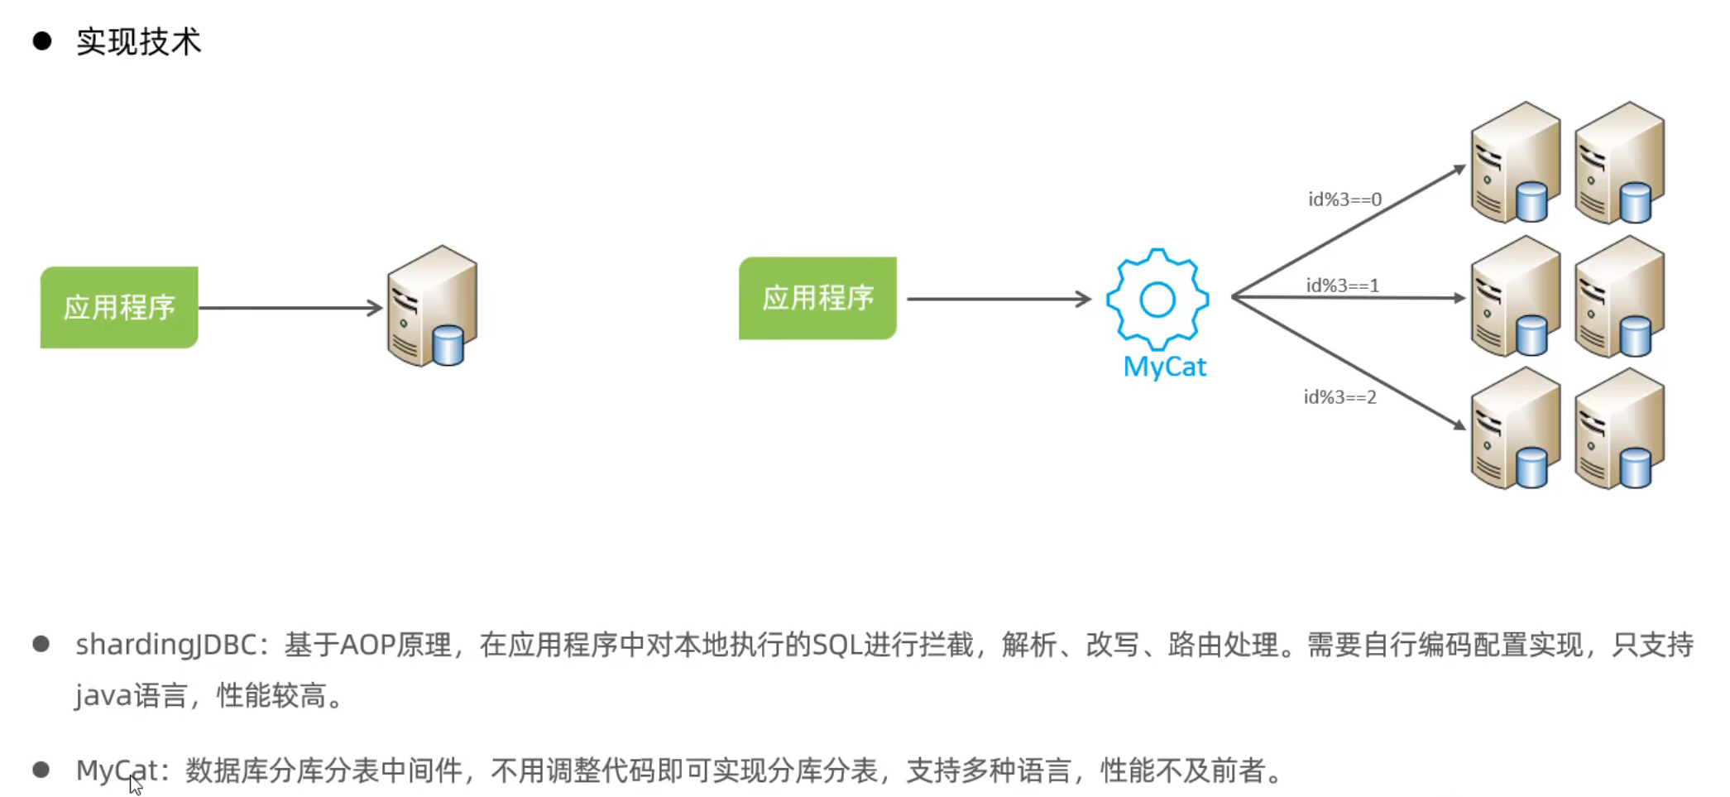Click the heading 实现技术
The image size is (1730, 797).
point(139,41)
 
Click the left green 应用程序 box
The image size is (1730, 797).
point(119,307)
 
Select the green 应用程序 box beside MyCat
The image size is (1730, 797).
point(817,298)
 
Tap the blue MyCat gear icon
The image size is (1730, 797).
point(1157,300)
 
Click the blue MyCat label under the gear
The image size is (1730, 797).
point(1165,367)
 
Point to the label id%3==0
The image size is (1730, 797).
point(1344,199)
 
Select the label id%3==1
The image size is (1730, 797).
point(1343,286)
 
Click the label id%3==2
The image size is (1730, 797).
point(1340,397)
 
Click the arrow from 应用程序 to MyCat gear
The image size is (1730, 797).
point(999,299)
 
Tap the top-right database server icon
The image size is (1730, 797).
point(1620,163)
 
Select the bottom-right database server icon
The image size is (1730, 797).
point(1620,429)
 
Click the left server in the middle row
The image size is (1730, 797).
point(1516,296)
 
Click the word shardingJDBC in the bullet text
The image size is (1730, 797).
point(166,646)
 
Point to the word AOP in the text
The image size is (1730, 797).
point(367,645)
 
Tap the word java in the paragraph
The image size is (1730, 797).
point(103,696)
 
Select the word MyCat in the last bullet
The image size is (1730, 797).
point(117,771)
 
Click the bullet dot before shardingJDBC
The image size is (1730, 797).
point(41,644)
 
